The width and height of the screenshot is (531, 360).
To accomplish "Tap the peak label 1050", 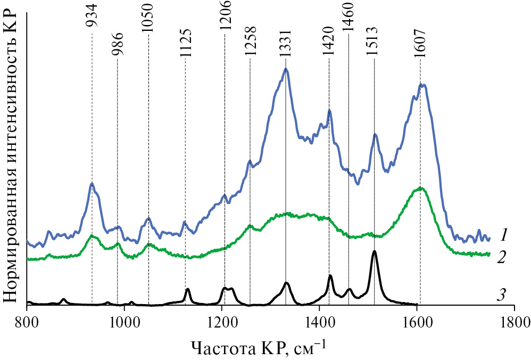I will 148,20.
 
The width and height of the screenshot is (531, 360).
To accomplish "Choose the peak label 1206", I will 224,20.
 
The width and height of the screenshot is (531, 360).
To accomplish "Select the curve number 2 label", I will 501,258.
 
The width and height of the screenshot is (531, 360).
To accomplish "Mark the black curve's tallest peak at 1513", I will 374,251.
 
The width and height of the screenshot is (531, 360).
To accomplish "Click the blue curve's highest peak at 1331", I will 286,69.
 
